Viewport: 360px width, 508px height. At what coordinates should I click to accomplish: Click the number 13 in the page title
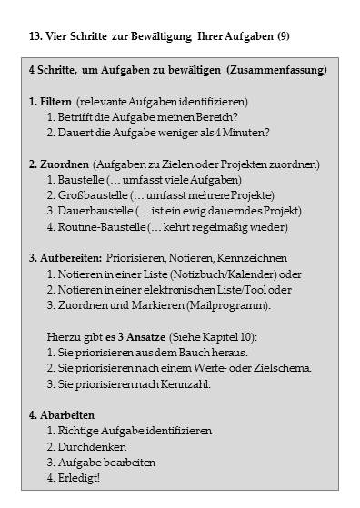[x=35, y=36]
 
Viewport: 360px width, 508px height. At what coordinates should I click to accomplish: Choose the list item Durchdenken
[x=88, y=446]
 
